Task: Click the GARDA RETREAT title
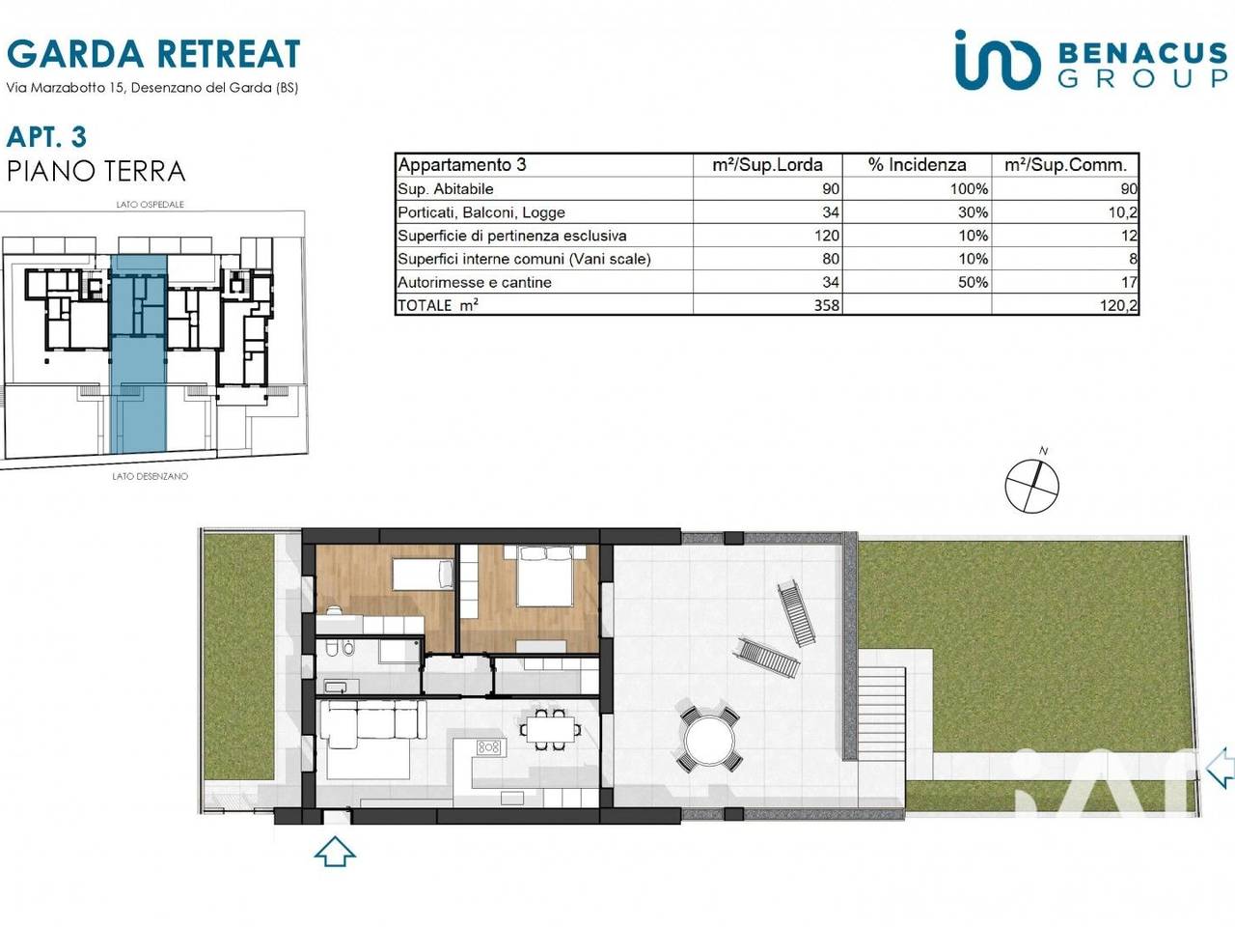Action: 153,54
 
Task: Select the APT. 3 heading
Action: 46,137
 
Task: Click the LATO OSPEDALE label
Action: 151,205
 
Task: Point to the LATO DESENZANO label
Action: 151,476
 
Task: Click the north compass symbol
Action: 1031,483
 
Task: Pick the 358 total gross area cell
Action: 827,305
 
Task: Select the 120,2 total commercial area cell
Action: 1118,306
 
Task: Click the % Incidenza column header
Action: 918,165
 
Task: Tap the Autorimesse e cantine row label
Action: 475,282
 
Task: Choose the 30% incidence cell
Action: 973,212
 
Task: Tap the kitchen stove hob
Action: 488,746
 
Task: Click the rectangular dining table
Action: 551,729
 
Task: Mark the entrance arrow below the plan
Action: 335,851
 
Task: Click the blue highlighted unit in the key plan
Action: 138,354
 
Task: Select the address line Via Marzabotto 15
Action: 152,88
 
